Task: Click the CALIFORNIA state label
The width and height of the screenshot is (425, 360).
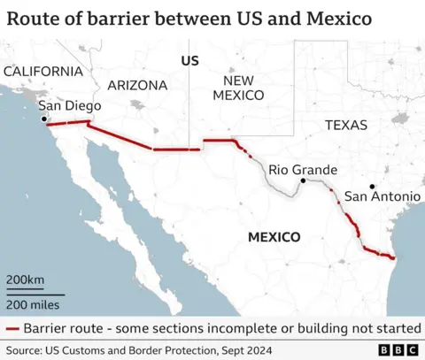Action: point(42,71)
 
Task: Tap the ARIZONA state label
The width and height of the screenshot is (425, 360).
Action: point(137,86)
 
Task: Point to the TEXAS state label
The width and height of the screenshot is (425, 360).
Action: point(345,126)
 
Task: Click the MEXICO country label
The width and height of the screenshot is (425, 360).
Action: point(274,237)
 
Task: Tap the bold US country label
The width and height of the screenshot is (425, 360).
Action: point(189,60)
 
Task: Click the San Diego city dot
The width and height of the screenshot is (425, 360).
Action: point(43,119)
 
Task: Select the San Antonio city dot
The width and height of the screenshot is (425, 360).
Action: point(373,186)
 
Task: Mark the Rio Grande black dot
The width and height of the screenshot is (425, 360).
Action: point(304,180)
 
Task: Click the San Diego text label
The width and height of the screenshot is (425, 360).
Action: point(69,106)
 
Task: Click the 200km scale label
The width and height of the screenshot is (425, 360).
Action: point(26,280)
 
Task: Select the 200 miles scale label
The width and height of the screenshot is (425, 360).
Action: point(34,304)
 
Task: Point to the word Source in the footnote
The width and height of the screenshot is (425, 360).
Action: point(24,348)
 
